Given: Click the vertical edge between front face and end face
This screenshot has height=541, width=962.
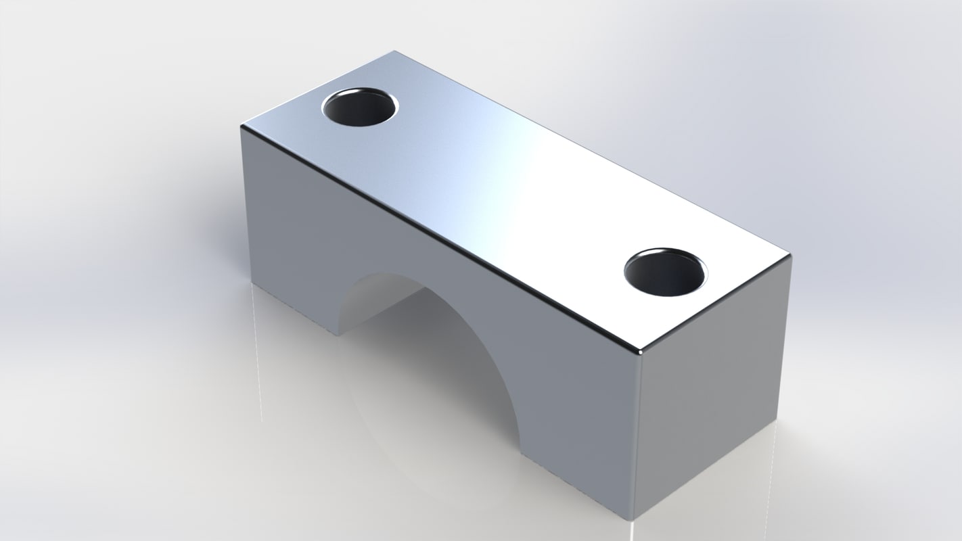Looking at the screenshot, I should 637,436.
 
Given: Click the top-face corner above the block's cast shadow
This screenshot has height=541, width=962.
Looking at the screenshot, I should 242,127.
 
